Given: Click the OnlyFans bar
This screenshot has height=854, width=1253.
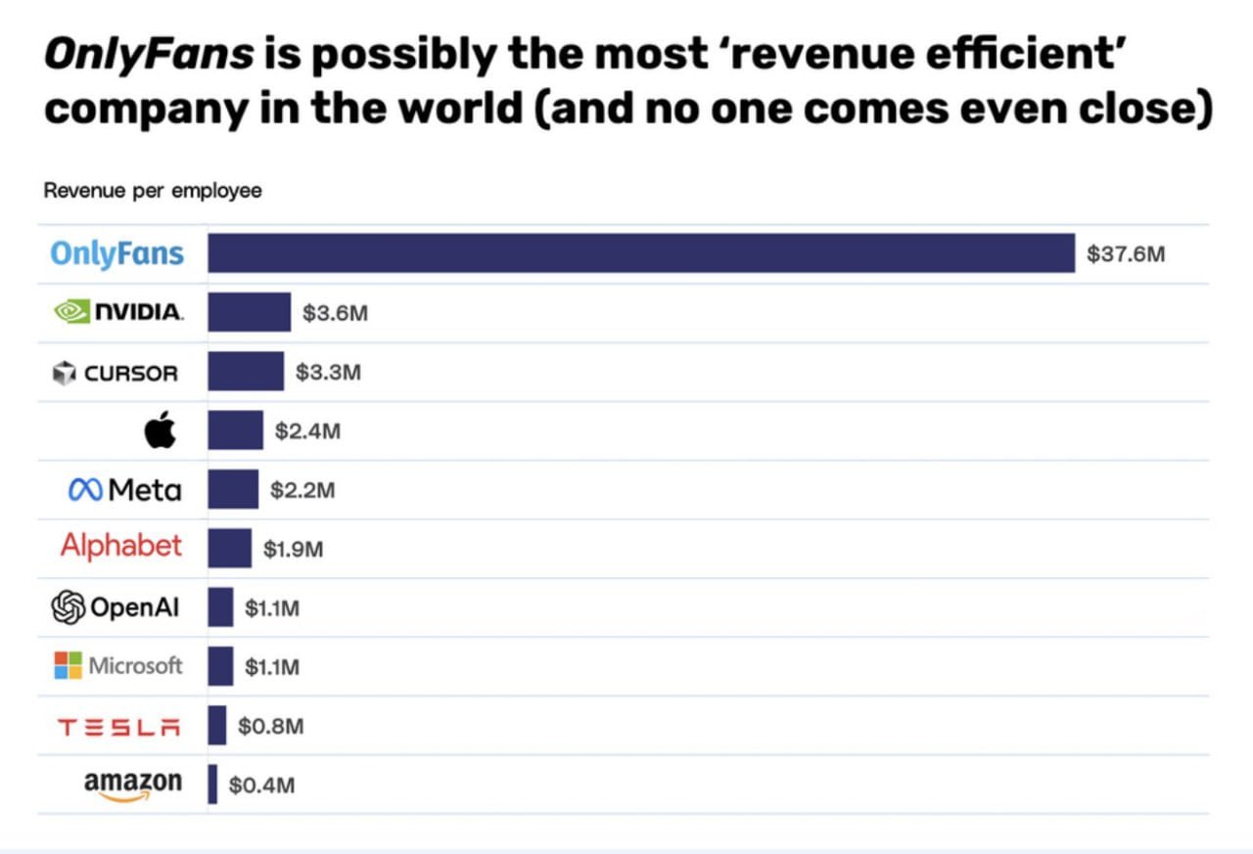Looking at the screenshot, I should [x=641, y=254].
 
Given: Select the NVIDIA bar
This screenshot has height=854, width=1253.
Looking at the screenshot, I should [x=249, y=313].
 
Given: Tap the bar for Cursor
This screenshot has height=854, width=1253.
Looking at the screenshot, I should [x=246, y=372].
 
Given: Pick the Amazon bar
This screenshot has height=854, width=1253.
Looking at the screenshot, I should [x=212, y=784].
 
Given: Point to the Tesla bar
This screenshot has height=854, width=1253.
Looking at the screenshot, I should [x=216, y=725].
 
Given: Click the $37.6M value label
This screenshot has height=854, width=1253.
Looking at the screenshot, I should [x=1126, y=255].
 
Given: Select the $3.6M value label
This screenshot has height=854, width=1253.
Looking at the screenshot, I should [x=335, y=314].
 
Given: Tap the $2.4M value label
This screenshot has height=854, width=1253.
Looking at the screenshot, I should [x=307, y=431].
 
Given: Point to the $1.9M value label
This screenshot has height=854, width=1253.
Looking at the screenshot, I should [x=293, y=550].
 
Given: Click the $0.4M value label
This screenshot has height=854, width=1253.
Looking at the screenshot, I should [x=261, y=785].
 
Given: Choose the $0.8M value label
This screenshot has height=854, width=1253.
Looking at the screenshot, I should [x=270, y=726].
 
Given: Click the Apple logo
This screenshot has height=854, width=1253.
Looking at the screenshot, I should [x=161, y=429].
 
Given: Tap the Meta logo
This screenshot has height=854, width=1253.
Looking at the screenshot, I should [x=124, y=489].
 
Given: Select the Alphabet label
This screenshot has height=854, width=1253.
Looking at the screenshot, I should [x=121, y=546].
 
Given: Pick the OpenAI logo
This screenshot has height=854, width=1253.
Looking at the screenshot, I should [x=116, y=607].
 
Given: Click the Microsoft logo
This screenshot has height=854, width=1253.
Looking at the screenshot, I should [x=118, y=666].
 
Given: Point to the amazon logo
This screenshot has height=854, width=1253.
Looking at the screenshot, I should [x=132, y=785].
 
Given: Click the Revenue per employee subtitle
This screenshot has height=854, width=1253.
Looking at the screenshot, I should [x=153, y=191].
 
